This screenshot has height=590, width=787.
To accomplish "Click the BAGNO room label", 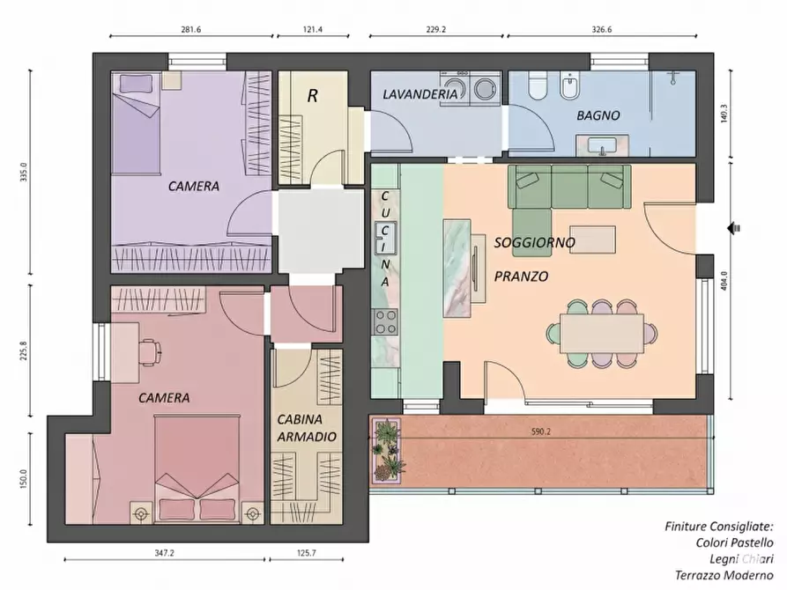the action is pos(598,115).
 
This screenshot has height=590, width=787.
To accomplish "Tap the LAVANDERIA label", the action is pos(419,94).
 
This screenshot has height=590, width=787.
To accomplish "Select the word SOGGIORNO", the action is pos(535,242).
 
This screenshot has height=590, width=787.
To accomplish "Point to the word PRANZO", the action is pos(521,277).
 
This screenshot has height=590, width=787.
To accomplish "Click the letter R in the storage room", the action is pos(312,95).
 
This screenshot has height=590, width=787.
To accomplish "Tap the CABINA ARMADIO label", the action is pos(307,428).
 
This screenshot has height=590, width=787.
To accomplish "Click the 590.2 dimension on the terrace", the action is pos(540,431).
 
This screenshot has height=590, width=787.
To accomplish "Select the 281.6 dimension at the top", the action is pos(190,30).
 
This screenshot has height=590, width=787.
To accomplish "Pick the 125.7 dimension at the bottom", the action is pos(306,553).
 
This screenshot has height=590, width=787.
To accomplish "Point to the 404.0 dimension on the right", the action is pos(724,281).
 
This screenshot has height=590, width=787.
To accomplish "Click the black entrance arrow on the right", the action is pos(734,228).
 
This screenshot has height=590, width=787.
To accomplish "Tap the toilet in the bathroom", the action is pos(538,85).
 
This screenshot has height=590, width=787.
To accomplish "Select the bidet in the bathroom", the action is pos(569,86).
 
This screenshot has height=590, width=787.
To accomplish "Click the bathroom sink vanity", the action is pos(602,145).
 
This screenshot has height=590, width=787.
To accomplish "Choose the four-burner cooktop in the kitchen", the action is pos(385,322).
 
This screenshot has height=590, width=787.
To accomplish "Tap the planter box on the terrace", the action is pos(387,451).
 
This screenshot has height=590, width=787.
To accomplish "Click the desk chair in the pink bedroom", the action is pos(150,351).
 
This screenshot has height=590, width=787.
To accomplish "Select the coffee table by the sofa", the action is pos(592,240).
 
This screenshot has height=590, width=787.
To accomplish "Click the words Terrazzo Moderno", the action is pos(724,575).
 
